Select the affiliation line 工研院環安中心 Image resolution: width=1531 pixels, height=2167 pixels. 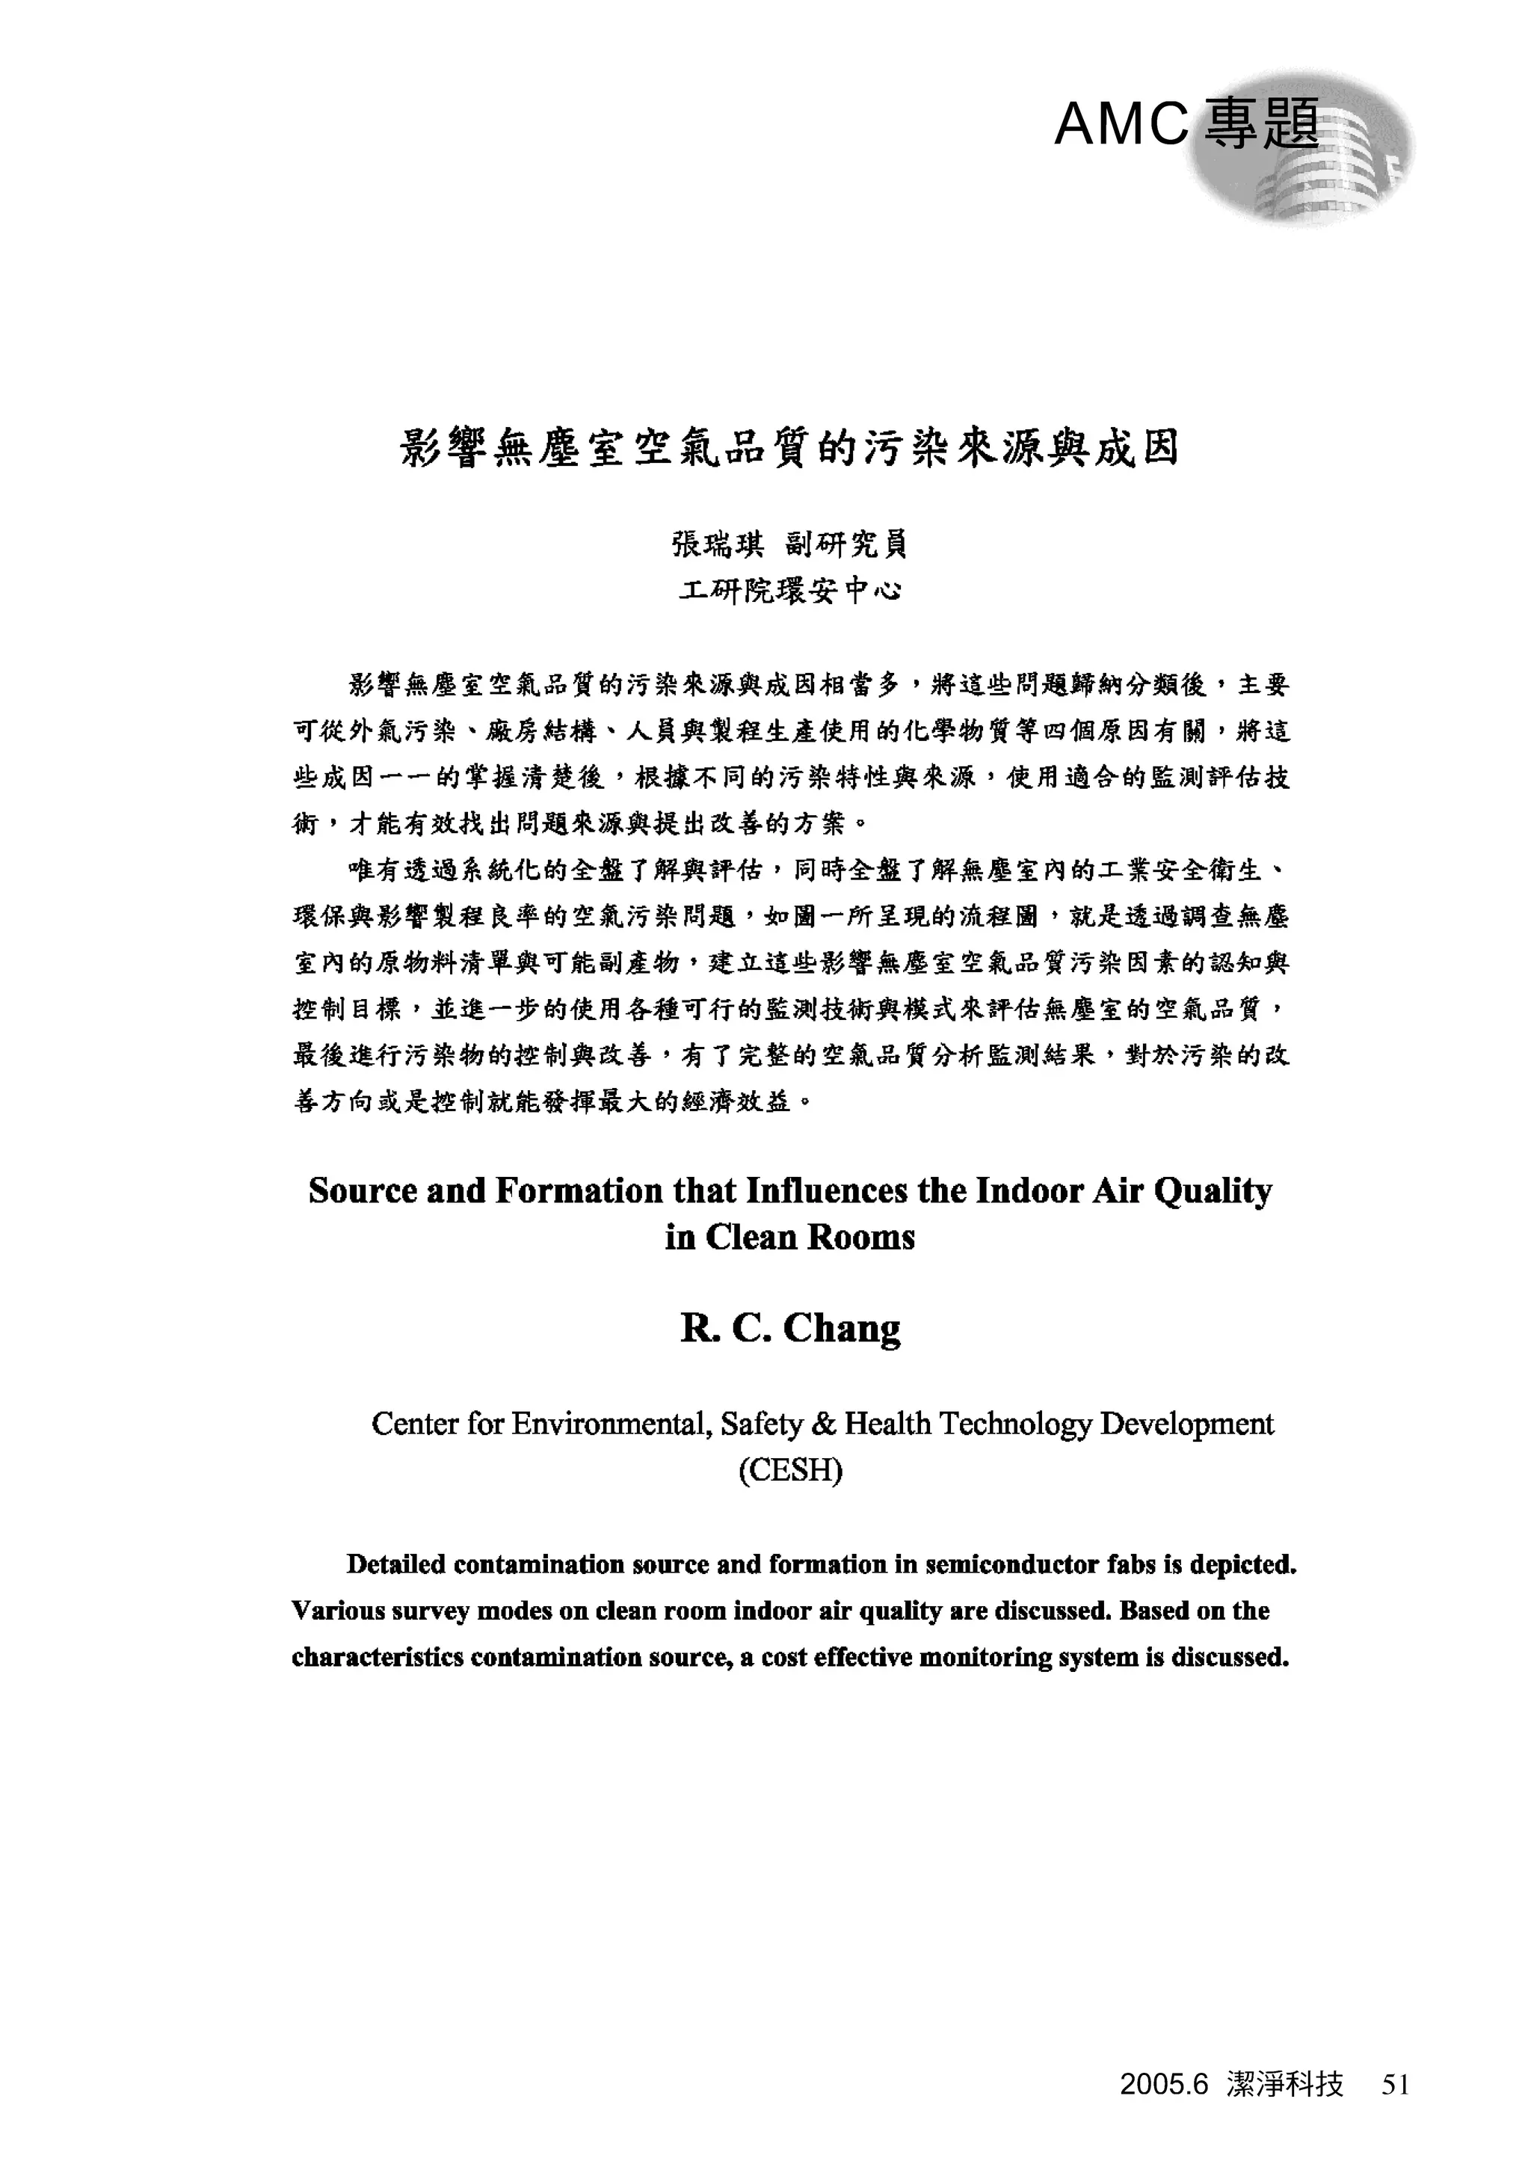click(x=789, y=591)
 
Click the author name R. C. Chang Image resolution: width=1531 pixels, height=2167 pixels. click(x=790, y=1329)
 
